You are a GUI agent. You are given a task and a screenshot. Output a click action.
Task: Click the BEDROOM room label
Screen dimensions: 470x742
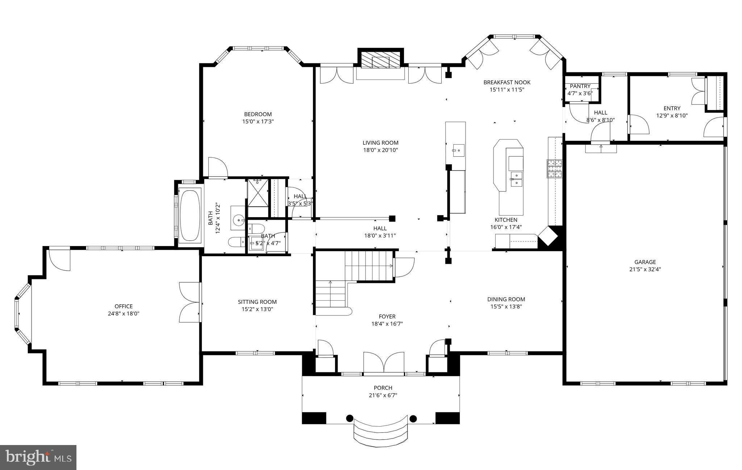[x=258, y=114]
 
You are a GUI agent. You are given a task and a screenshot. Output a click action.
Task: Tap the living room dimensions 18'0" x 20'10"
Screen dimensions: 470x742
[x=380, y=150]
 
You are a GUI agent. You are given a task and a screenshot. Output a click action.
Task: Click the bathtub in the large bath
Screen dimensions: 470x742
[x=190, y=215]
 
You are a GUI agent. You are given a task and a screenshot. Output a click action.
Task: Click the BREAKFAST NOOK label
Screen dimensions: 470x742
[x=507, y=82]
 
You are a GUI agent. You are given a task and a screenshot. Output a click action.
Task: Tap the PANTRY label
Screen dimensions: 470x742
[x=580, y=86]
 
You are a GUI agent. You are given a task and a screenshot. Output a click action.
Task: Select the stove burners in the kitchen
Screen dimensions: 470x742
[x=554, y=169]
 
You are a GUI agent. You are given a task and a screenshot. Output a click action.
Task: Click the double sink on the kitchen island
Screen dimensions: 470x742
[x=516, y=179]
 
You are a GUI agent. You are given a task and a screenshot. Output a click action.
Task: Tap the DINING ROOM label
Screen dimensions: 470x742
[x=506, y=299]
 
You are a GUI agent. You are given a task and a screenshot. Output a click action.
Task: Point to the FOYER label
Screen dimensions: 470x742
[x=387, y=317]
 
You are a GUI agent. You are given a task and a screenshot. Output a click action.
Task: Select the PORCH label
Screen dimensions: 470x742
[x=383, y=388]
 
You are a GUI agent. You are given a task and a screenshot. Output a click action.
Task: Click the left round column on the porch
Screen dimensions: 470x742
[x=349, y=419]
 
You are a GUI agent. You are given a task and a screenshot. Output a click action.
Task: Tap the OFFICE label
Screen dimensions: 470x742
[x=124, y=306]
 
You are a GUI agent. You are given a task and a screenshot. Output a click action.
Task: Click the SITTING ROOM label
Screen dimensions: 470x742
[x=257, y=302]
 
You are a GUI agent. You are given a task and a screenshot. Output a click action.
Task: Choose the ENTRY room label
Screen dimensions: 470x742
[x=672, y=108]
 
